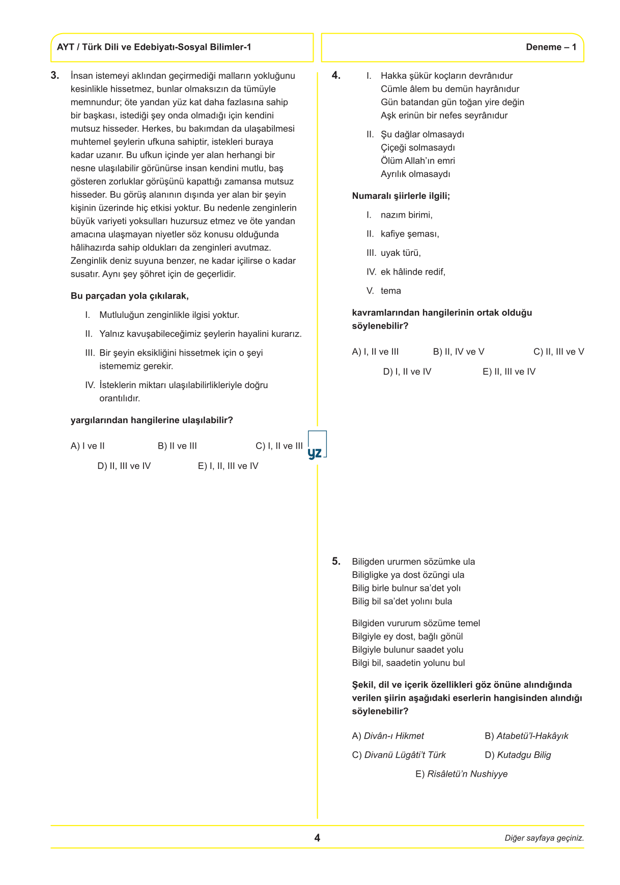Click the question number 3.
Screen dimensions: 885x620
tap(55, 76)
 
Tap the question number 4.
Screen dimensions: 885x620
tap(336, 76)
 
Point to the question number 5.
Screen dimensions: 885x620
tap(336, 562)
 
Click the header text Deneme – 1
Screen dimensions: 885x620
tap(551, 47)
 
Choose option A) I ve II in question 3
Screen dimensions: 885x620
tap(88, 446)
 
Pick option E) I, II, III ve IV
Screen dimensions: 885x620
tap(228, 466)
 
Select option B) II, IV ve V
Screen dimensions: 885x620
tap(459, 352)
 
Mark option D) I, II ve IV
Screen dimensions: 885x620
tap(407, 372)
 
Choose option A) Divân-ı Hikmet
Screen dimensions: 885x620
tap(388, 736)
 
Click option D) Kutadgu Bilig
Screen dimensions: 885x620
tap(518, 755)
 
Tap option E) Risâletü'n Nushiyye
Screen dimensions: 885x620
tap(462, 774)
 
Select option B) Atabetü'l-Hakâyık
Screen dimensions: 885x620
tap(526, 736)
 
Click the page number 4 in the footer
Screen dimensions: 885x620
tap(317, 838)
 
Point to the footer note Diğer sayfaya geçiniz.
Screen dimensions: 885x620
tap(544, 838)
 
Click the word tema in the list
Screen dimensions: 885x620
tap(390, 291)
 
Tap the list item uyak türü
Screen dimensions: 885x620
tap(401, 253)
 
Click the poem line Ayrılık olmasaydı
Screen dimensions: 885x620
tap(415, 174)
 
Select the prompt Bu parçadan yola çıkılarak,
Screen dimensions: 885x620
tap(130, 296)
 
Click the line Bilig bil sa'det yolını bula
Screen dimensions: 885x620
tap(402, 601)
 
